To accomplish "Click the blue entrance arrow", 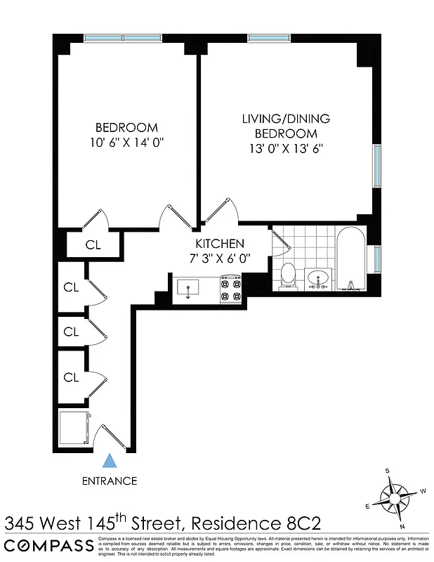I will pos(109,461).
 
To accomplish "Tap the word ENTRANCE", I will pos(109,481).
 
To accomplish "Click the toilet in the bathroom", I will pos(287,275).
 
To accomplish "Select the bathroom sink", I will pos(320,278).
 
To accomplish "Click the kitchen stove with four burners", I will pos(231,289).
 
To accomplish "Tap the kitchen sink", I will pos(188,288).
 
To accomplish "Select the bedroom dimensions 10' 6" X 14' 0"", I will pos(126,142).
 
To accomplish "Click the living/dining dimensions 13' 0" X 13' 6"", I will pos(286,148).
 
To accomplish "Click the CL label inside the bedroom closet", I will pos(93,245).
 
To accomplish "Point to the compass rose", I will pos(395,499).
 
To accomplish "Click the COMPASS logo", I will pos(48,546).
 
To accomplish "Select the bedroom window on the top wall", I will pos(123,38).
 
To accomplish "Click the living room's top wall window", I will pos(270,38).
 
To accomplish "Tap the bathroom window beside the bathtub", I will pos(377,258).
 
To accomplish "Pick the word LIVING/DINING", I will pos(286,119).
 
